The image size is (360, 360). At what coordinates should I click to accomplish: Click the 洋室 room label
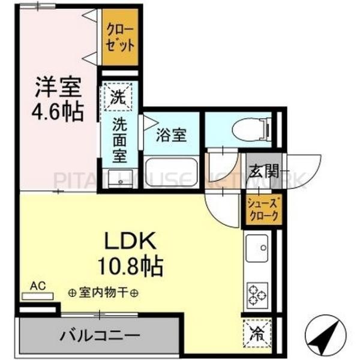57,88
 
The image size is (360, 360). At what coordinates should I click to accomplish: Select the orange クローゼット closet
119,38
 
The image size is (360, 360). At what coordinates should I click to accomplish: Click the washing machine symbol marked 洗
119,96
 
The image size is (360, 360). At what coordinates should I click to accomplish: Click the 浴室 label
170,134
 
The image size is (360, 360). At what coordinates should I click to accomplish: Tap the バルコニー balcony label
100,334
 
